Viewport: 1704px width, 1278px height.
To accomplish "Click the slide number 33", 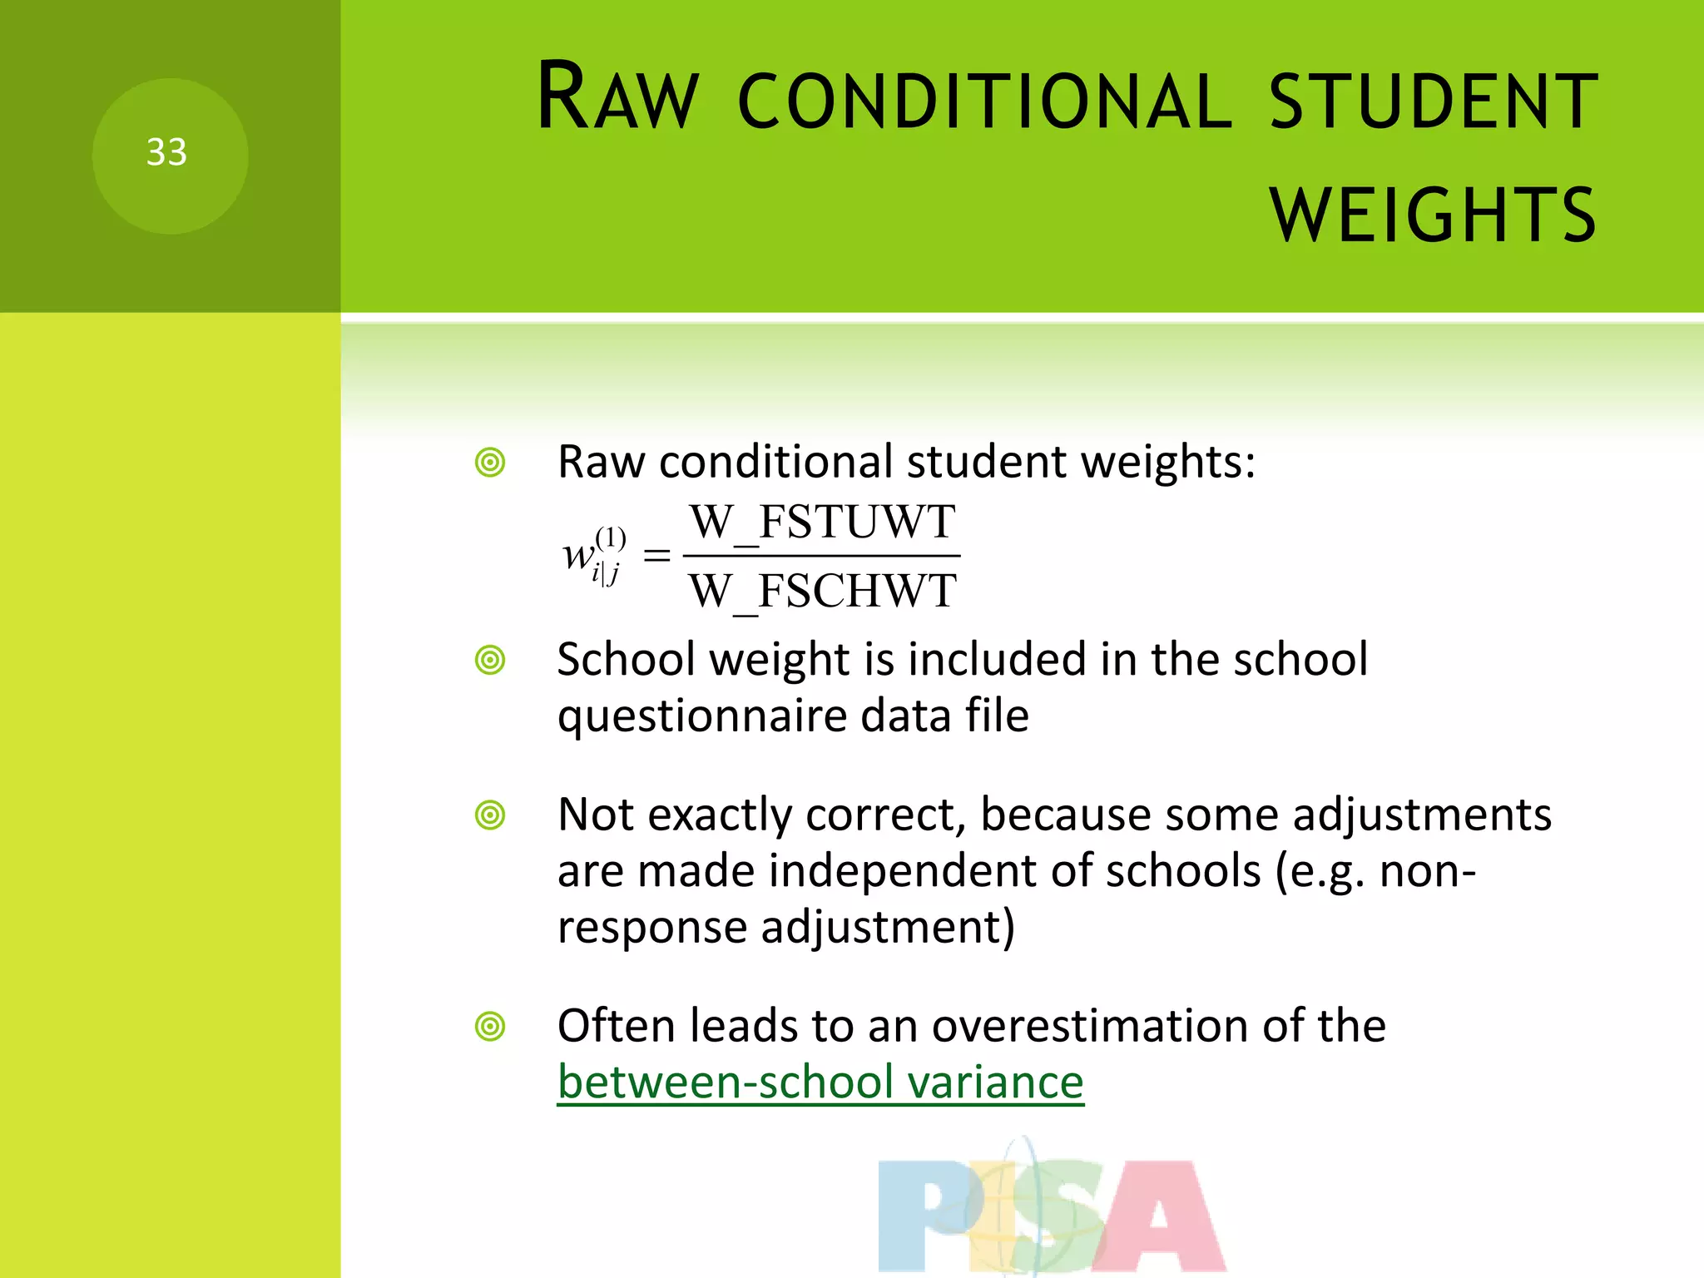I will point(166,152).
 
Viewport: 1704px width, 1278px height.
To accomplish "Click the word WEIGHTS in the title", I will point(1433,215).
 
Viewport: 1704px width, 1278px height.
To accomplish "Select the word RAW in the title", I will point(617,97).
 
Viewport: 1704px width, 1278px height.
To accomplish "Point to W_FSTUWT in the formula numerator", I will point(822,523).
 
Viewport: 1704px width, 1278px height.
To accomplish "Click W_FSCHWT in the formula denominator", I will point(822,592).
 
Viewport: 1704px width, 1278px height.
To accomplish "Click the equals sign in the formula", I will point(656,556).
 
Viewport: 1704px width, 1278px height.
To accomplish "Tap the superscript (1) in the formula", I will point(611,537).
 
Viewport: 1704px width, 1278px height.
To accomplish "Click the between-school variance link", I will point(820,1082).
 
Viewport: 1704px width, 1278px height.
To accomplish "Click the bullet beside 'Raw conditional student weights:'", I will point(490,463).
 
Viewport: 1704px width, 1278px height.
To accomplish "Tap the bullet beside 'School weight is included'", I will point(490,661).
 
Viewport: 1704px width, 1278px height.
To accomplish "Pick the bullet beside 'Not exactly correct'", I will point(490,815).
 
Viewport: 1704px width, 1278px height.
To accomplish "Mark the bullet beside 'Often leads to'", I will point(490,1027).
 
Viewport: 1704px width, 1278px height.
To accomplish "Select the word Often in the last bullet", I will point(616,1025).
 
